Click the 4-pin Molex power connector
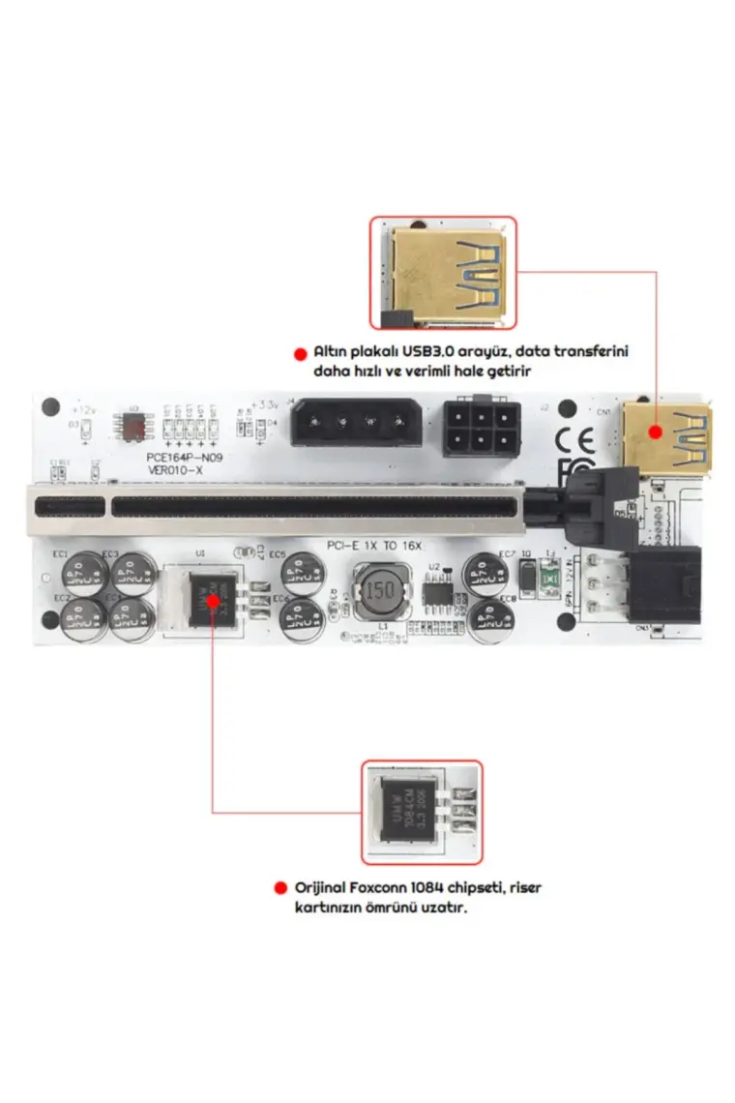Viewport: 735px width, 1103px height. point(356,422)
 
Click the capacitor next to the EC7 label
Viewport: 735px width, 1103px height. point(484,574)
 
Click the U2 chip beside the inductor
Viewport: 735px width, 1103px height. point(436,592)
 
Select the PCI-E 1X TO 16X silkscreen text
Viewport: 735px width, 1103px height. point(374,547)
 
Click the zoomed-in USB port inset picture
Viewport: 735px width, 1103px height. point(443,274)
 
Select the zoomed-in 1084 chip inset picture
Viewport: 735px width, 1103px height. point(422,811)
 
